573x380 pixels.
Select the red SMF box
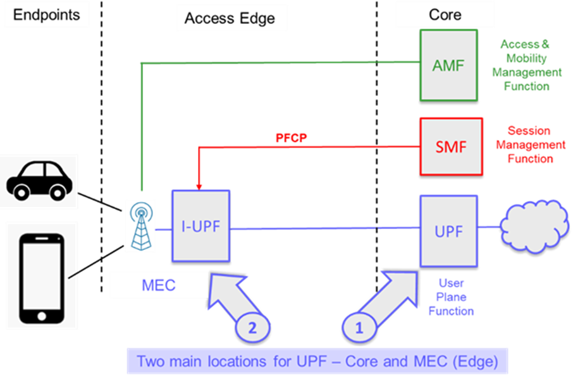click(451, 146)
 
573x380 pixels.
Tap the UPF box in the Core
click(448, 230)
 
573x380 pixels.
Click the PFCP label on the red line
click(291, 138)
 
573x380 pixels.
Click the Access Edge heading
click(230, 18)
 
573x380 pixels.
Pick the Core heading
click(445, 15)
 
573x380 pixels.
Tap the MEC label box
click(159, 285)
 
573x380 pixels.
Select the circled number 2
click(253, 328)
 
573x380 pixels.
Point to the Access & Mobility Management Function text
click(526, 65)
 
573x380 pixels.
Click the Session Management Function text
click(530, 145)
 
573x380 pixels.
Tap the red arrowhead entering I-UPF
click(199, 186)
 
